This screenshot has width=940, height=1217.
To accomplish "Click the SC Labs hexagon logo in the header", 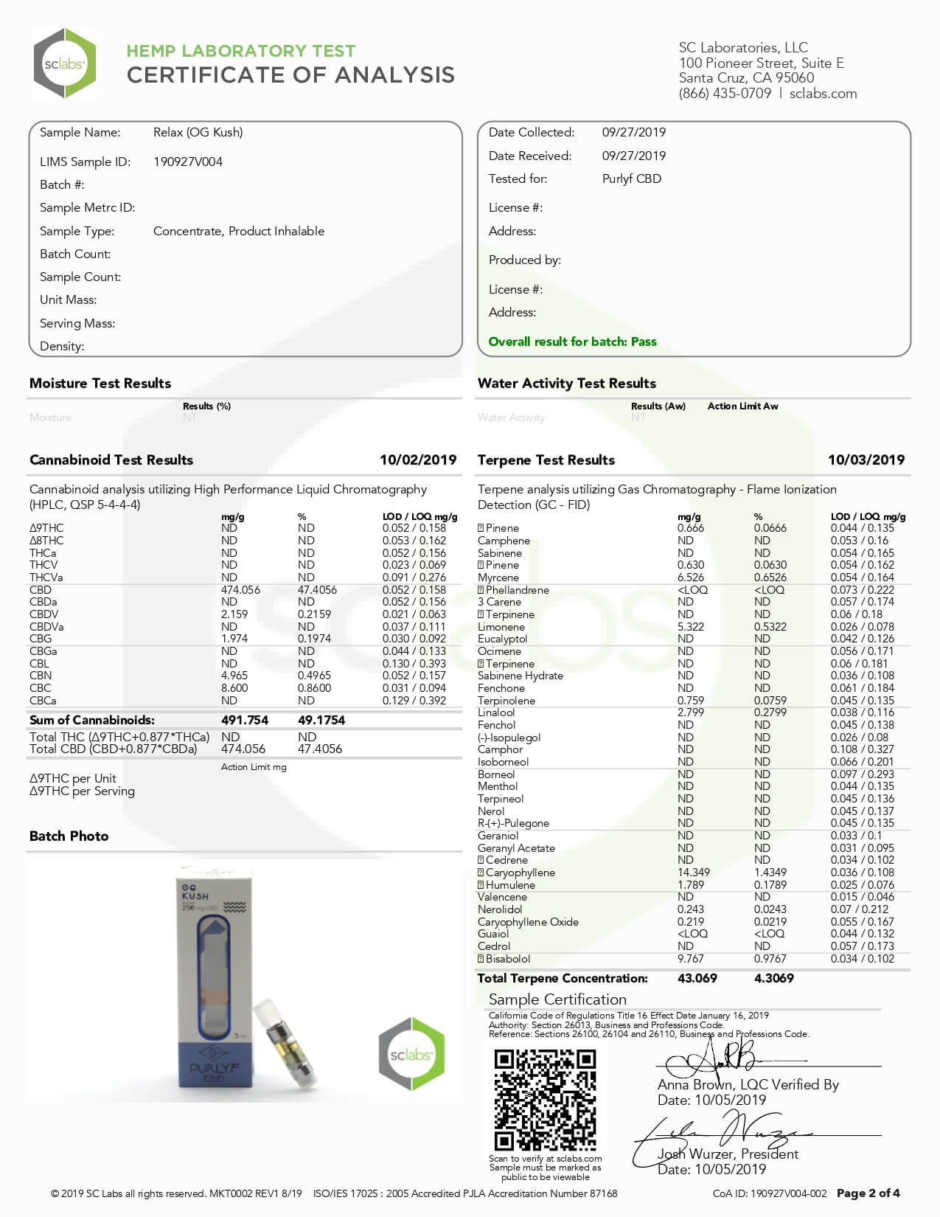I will pos(64,63).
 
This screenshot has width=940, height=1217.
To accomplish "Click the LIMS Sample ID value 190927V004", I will pos(187,162).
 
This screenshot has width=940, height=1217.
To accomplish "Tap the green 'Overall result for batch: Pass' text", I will pos(572,341).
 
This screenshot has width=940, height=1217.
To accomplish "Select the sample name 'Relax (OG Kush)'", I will pos(198,133).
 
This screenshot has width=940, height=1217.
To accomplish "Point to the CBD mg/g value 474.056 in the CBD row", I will pos(240,590).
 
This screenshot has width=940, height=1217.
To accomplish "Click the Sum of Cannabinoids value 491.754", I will pos(245,721).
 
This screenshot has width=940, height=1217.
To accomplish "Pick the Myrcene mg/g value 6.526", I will pos(691,578).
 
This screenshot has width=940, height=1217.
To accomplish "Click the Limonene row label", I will pos(501,627).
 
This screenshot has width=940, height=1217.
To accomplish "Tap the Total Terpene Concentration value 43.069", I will pos(697,979).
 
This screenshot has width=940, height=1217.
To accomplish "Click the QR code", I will pos(545,1100).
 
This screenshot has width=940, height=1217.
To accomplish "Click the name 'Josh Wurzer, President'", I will pos(728,1154).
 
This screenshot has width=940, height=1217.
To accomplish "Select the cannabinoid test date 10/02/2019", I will pos(417,460).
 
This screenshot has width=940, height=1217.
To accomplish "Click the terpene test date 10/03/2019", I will pos(866,460).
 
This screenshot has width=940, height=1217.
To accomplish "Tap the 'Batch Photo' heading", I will pos(69,836).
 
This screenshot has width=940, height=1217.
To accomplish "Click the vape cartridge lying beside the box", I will pos(285,1042).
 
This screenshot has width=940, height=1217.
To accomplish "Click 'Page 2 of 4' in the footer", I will pos(868,1193).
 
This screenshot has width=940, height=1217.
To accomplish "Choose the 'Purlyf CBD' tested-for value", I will pos(632,179).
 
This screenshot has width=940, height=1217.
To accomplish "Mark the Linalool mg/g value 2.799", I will pos(691,712).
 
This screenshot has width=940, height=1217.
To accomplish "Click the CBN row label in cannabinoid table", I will pos(41,676).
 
